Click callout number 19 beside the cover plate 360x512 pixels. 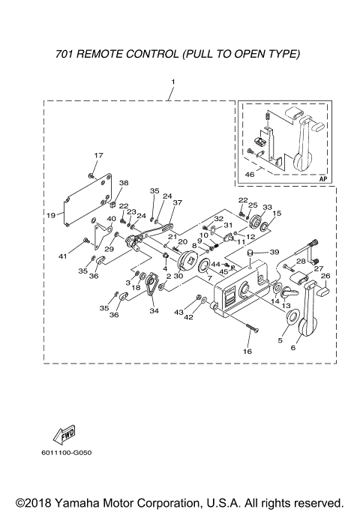[x=51, y=214]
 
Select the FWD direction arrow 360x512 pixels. [x=62, y=434]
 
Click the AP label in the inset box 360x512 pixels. [x=322, y=179]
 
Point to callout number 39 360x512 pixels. [x=274, y=252]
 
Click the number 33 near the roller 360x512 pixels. [x=267, y=207]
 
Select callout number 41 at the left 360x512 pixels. [x=63, y=256]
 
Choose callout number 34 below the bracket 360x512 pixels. [x=154, y=311]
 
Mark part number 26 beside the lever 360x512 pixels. [x=325, y=276]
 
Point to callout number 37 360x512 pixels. [x=178, y=202]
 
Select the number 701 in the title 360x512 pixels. [x=67, y=54]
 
